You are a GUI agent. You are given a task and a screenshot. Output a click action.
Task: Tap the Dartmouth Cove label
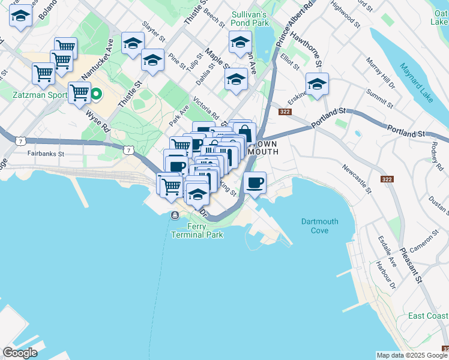pos(319,226)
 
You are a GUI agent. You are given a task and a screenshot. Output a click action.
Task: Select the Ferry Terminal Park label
pos(197,230)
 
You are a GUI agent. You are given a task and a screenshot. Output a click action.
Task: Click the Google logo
pos(20,353)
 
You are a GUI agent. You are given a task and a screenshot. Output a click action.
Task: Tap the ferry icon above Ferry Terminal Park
pos(175,215)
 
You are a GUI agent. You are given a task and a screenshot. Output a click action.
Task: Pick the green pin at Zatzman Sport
pos(95,94)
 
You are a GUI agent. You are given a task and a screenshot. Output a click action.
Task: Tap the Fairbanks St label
pos(45,154)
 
